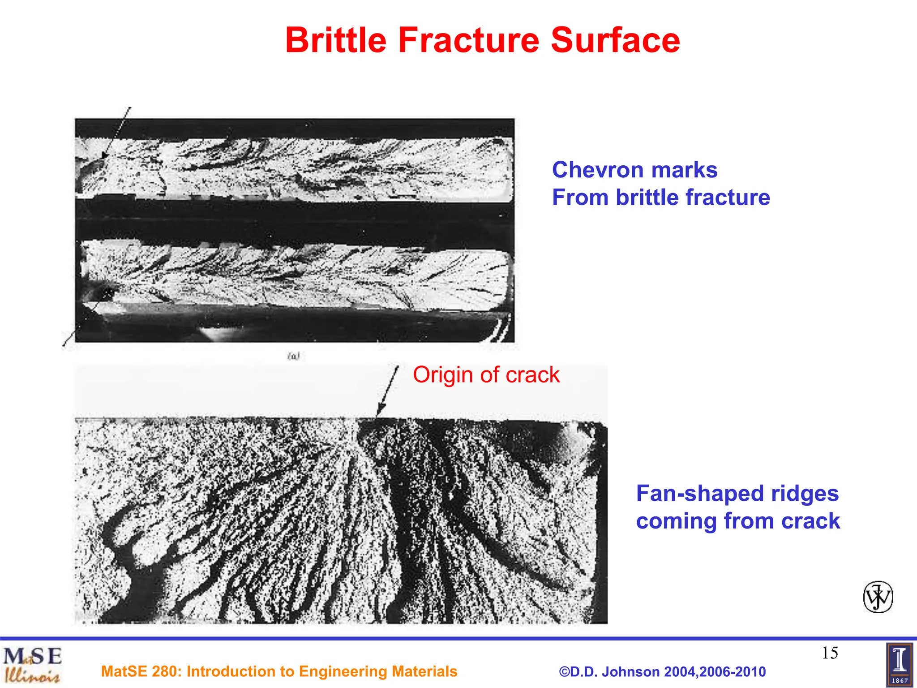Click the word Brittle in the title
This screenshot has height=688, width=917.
(x=336, y=40)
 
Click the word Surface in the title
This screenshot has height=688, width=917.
(x=615, y=40)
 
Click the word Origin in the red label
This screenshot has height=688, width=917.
(x=442, y=375)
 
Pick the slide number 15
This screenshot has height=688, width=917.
(x=830, y=653)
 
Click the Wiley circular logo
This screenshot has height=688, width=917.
(x=878, y=597)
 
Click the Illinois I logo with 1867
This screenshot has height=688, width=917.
(x=899, y=665)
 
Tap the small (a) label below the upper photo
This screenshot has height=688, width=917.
(x=293, y=356)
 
